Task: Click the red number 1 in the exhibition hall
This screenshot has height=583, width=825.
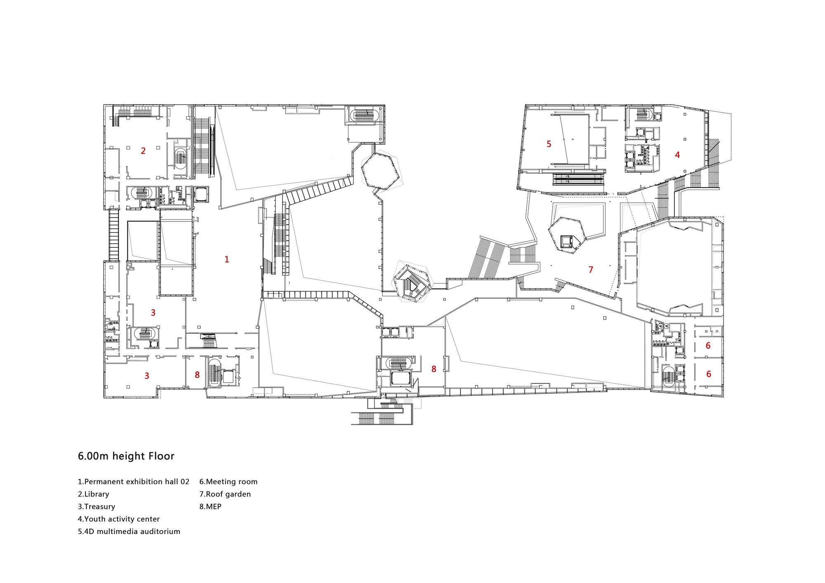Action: pos(226,259)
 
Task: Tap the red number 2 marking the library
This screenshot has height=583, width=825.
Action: pos(143,151)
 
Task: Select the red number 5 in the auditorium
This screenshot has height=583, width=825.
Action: pos(549,144)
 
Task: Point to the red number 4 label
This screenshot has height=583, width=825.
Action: pos(677,155)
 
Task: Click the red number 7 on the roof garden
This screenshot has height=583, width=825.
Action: pos(591,270)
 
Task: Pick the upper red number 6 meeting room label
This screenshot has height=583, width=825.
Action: pos(708,346)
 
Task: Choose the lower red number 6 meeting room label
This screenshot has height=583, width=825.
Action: pos(708,374)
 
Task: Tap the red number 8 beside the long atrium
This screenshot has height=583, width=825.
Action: pos(434,369)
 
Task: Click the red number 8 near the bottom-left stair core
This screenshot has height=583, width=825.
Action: pos(197,375)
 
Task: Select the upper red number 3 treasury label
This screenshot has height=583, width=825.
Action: pos(153,313)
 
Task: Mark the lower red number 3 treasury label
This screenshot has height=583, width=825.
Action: pos(147,376)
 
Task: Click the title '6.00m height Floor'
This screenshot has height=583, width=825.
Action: pos(126,456)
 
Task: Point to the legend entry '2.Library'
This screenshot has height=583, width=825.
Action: pos(94,494)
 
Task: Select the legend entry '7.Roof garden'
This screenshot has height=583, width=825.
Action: pos(225,494)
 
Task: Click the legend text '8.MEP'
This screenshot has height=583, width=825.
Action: pos(210,506)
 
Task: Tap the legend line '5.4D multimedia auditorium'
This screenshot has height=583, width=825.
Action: pos(129,531)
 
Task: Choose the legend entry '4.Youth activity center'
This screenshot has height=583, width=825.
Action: pos(119,519)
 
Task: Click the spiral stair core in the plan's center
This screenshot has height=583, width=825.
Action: pos(412,284)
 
